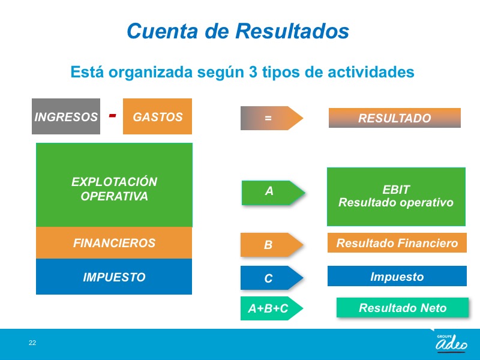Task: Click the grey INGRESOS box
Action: point(66,116)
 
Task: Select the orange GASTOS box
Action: point(157,116)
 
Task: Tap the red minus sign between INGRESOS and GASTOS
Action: point(113,115)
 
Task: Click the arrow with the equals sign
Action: point(272,118)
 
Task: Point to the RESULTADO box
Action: point(395,118)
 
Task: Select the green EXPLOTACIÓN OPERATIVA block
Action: point(114,185)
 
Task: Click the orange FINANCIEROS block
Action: point(114,243)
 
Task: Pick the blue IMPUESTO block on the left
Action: point(114,277)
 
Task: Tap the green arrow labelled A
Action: point(273,193)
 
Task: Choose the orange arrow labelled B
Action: point(272,245)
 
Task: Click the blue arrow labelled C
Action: point(272,278)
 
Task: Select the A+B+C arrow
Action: point(272,308)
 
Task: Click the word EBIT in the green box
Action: point(396,190)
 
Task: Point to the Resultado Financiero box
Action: point(397,243)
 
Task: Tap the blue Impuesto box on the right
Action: point(397,276)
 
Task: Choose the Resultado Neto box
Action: point(403,307)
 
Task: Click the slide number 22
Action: point(32,343)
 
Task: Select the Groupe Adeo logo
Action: point(451,343)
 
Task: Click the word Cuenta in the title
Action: point(162,31)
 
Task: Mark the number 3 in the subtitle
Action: point(253,72)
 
